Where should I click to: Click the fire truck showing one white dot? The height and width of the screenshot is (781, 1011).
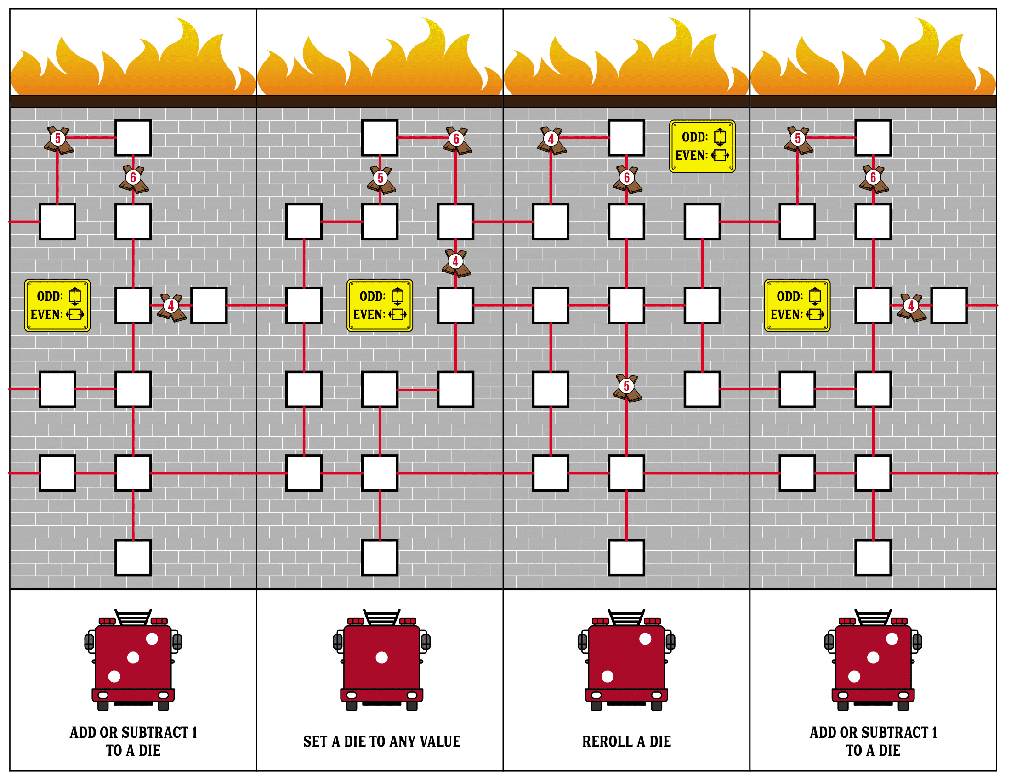[381, 660]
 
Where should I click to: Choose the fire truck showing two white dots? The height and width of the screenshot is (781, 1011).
[626, 660]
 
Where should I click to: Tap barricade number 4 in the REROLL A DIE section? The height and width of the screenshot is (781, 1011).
[551, 140]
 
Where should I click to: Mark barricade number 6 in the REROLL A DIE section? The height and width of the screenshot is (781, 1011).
[627, 179]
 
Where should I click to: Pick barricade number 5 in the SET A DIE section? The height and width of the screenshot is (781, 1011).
[381, 180]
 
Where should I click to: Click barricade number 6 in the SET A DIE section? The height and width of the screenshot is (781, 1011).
[456, 140]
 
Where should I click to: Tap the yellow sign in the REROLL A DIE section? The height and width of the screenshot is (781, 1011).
[702, 146]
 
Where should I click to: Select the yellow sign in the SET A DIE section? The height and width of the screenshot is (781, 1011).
[380, 306]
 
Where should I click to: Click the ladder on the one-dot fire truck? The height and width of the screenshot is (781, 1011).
[381, 617]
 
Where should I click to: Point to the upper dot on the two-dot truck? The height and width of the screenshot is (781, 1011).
[645, 639]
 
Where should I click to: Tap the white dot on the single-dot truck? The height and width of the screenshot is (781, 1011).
[381, 657]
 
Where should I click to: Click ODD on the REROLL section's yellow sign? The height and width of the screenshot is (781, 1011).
[694, 137]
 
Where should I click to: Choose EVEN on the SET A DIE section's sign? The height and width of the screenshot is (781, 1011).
[369, 315]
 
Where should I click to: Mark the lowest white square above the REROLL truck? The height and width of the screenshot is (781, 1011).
[626, 558]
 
